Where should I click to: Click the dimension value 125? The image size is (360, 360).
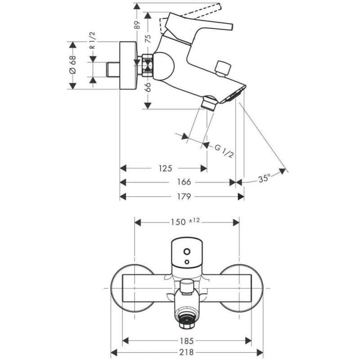pos(166,169)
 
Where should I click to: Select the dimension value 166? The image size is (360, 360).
pos(184,182)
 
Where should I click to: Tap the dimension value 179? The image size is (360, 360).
pos(184,197)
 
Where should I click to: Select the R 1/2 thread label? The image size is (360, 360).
pos(91,41)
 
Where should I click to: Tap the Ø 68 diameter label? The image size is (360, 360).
pos(72,65)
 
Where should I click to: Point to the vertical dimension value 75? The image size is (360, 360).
pos(147,39)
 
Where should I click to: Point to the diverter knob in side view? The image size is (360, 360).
pos(222,68)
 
